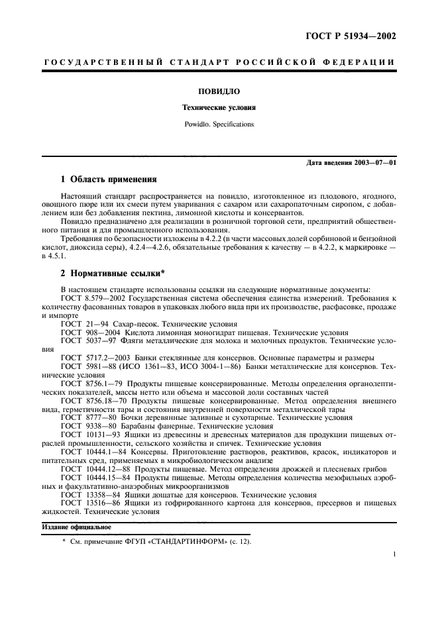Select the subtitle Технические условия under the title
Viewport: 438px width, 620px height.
(x=219, y=107)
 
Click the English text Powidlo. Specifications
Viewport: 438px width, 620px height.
(x=219, y=124)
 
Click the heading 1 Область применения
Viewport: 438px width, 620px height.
(x=109, y=179)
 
